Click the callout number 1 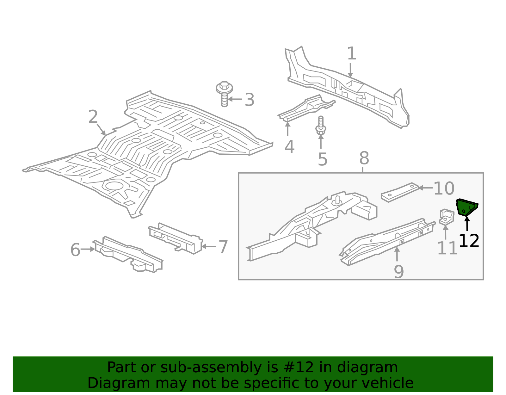tap(351, 54)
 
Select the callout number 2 tap(93, 117)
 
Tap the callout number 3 tap(250, 100)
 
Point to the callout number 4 tap(289, 147)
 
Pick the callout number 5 tap(322, 159)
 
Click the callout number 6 tap(75, 250)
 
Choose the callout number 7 tap(223, 247)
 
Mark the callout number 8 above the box tap(364, 158)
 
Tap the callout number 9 tap(399, 272)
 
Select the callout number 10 tap(444, 189)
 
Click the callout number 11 tap(447, 249)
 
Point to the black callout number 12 tap(469, 241)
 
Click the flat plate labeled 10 tap(400, 192)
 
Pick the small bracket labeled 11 tap(446, 217)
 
